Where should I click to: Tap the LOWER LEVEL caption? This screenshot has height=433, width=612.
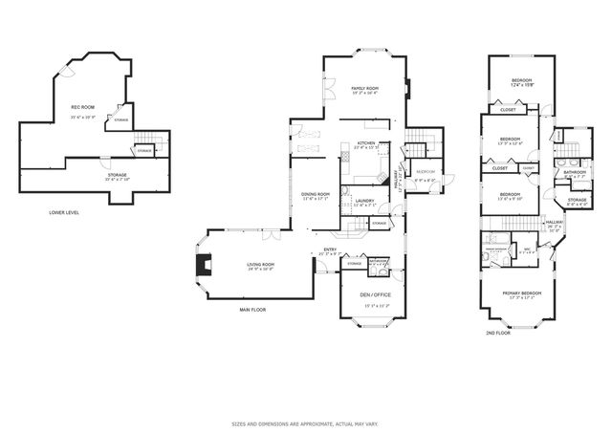pos(64,212)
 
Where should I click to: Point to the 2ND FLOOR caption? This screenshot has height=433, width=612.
pos(497,332)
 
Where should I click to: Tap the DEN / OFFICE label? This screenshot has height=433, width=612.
pos(372,294)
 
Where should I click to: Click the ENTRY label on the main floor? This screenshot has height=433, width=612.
pos(330,250)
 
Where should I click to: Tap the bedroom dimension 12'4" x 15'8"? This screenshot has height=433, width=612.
pos(520,85)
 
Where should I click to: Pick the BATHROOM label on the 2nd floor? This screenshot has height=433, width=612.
pos(574,173)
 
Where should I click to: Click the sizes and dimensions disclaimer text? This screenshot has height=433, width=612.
pos(305,422)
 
